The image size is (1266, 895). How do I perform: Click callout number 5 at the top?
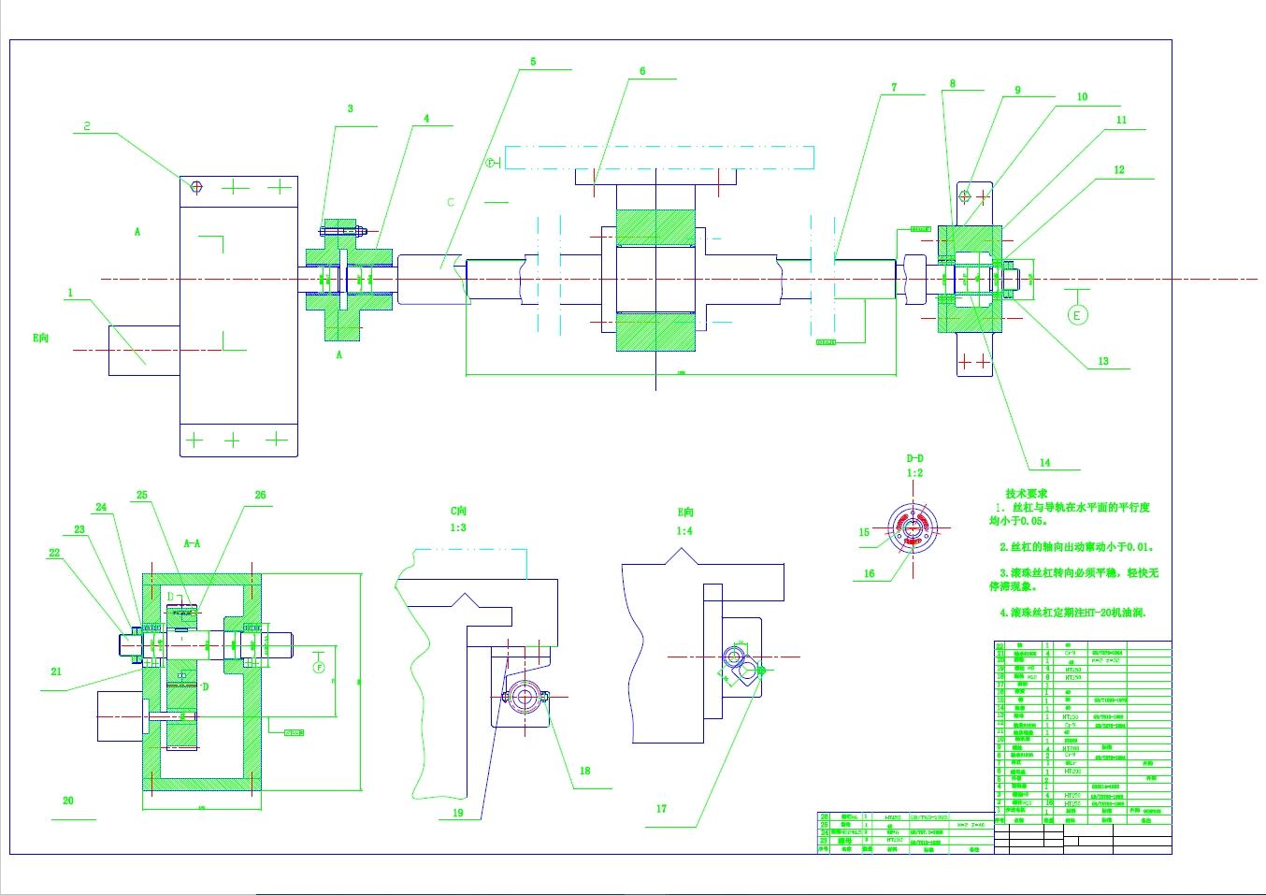[533, 62]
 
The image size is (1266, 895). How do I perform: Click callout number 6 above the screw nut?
[642, 71]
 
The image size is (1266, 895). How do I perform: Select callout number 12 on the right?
[1119, 170]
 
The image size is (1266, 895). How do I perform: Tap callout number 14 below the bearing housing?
[1044, 463]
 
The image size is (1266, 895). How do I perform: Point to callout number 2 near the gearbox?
[87, 125]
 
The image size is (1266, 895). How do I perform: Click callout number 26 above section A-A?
[260, 495]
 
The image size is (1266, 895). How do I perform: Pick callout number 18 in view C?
[584, 771]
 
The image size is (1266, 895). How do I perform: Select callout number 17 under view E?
[661, 809]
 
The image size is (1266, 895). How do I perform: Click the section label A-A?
[192, 543]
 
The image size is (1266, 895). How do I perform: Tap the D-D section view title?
[914, 458]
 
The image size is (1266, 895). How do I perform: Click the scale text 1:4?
[684, 531]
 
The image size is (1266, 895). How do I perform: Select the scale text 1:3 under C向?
[458, 527]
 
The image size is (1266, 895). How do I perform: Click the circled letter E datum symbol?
[1077, 315]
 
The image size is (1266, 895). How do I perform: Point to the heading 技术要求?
[1026, 494]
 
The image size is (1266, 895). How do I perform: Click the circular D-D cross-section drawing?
[912, 529]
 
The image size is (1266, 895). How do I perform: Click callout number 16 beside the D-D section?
[869, 573]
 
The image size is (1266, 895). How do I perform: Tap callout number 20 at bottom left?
[68, 801]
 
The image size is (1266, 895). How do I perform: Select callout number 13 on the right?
[1103, 361]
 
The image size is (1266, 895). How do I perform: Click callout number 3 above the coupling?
[351, 108]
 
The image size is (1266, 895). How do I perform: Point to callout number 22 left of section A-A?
[54, 553]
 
